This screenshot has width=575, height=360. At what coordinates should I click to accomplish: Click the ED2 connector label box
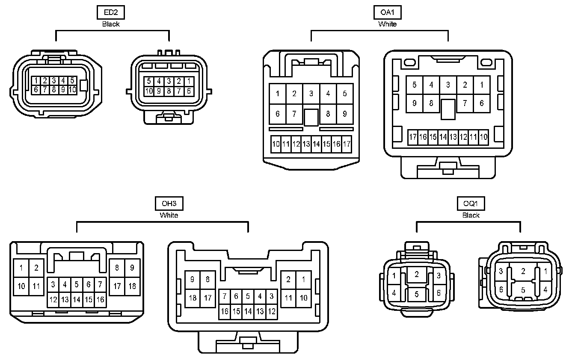click(110, 12)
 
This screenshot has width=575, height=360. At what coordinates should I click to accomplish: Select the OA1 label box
click(387, 12)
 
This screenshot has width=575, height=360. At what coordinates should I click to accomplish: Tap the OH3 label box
click(169, 204)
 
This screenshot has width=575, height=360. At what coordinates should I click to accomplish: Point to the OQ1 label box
click(471, 204)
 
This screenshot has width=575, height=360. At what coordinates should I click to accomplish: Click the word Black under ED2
click(111, 24)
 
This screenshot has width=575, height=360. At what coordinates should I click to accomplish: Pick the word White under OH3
click(169, 215)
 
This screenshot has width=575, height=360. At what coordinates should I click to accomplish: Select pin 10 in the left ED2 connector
click(72, 90)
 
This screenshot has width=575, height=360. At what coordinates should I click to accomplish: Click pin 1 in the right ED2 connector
click(189, 81)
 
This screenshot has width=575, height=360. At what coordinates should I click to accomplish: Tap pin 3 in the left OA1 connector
click(311, 94)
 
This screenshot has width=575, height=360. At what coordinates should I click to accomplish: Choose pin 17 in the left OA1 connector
click(347, 144)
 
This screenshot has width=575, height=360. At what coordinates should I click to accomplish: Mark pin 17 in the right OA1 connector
click(413, 137)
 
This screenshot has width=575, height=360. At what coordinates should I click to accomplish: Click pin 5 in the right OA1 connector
click(414, 85)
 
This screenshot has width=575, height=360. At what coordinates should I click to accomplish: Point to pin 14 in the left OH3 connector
click(77, 300)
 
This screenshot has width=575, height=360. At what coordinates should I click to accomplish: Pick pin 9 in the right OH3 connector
click(193, 280)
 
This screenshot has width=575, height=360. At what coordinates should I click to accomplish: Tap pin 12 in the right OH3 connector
click(272, 311)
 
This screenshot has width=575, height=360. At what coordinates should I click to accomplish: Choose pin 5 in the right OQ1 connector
click(522, 290)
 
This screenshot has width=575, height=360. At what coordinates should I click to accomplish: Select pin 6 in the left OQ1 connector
click(439, 293)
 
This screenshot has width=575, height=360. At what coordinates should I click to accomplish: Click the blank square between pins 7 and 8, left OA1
click(311, 117)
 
